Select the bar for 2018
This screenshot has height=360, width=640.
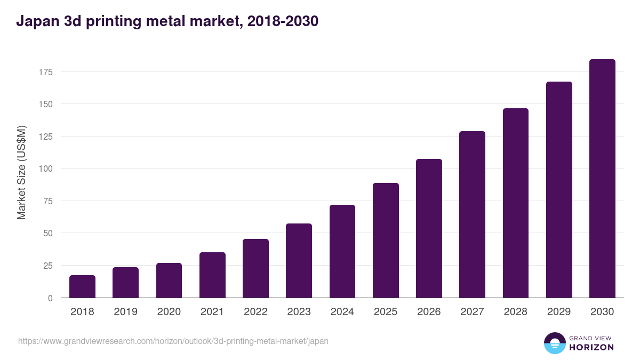82,286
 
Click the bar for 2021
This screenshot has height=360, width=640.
212,275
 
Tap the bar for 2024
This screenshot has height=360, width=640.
342,251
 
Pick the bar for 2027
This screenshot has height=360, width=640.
472,214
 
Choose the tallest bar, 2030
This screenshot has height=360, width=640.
602,179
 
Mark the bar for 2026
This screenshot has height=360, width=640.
429,228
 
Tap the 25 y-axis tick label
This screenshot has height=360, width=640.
47,266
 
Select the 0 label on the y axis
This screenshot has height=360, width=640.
50,298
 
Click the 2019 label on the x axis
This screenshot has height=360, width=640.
125,312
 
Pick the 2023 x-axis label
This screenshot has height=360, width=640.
299,312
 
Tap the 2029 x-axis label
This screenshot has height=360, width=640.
559,312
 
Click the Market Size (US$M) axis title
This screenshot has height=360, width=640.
21,172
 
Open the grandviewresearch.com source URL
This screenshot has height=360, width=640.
173,341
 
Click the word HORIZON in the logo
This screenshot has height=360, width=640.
591,347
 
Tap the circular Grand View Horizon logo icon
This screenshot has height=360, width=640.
555,343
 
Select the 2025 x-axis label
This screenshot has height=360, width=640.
386,312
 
